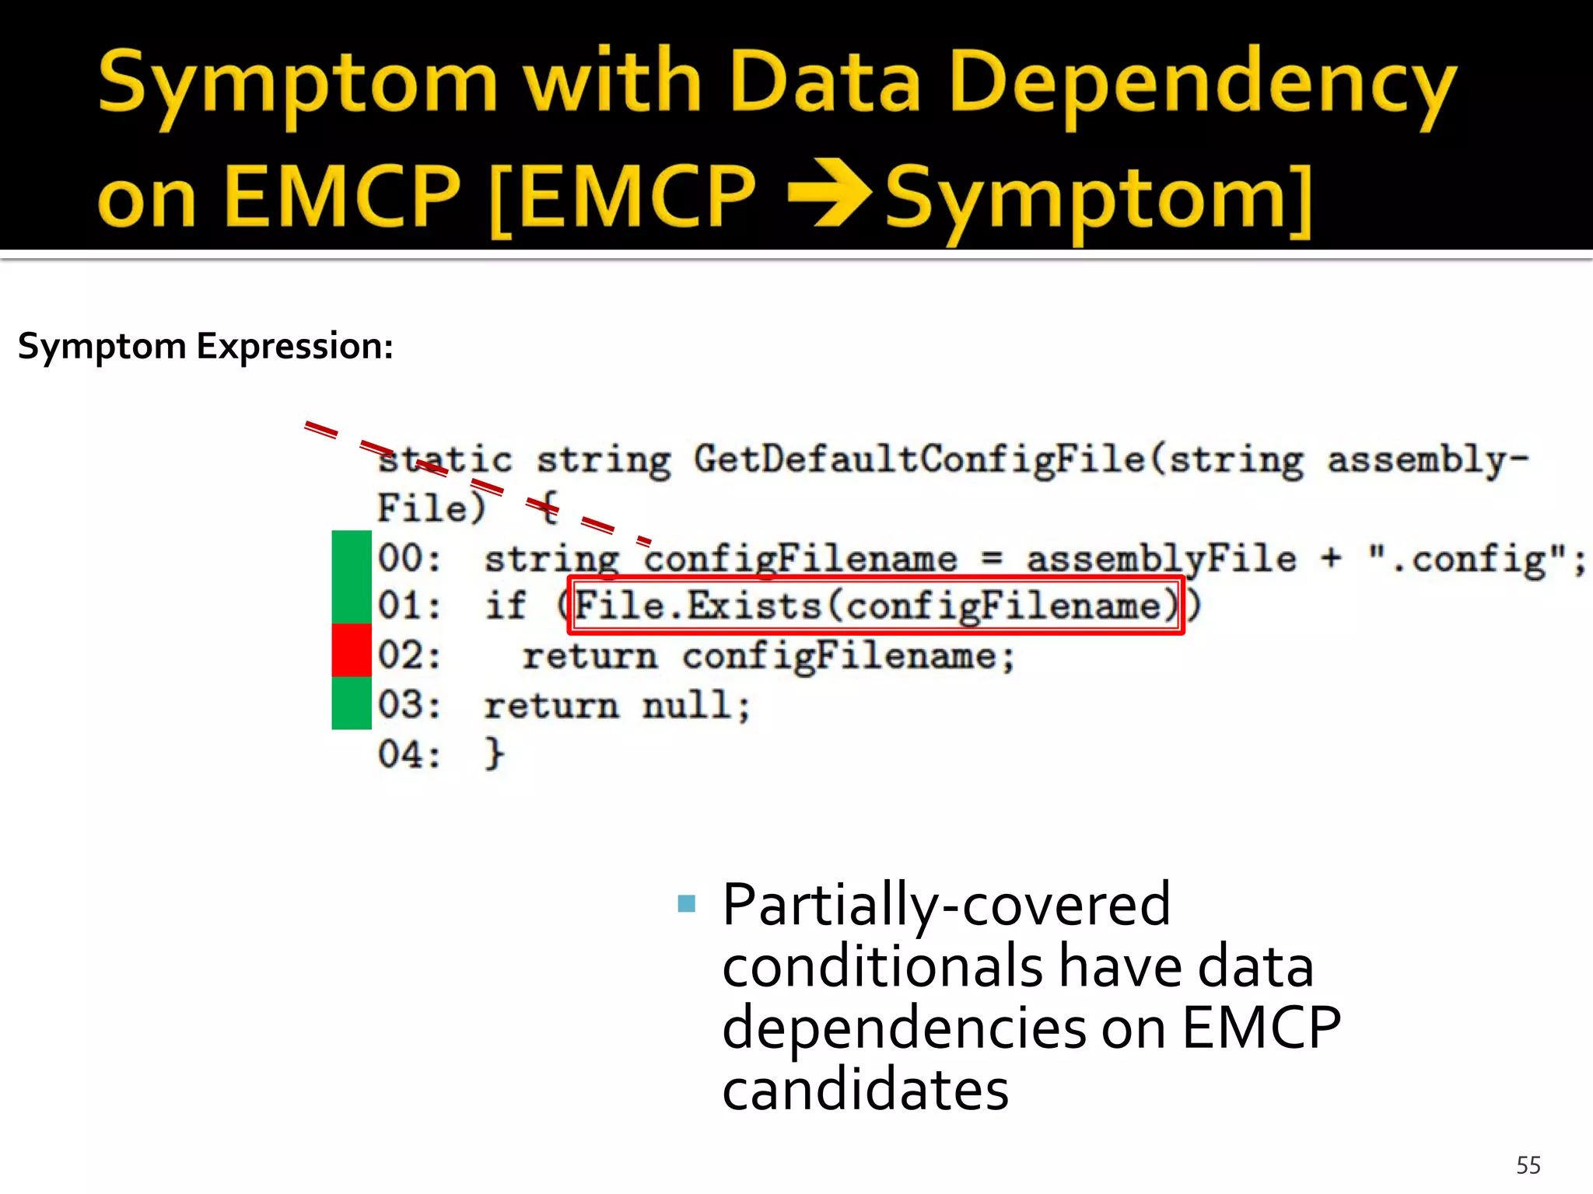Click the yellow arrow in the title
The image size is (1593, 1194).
pyautogui.click(x=831, y=192)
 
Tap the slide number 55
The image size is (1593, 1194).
pyautogui.click(x=1528, y=1165)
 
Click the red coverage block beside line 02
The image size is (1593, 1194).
pyautogui.click(x=352, y=650)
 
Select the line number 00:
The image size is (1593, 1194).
pyautogui.click(x=409, y=558)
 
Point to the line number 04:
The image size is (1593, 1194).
pyautogui.click(x=409, y=754)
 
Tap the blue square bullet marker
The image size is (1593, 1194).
pyautogui.click(x=686, y=903)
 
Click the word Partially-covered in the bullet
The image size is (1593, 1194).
pyautogui.click(x=946, y=905)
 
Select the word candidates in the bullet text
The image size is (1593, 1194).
pyautogui.click(x=865, y=1090)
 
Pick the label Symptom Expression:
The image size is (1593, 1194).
pyautogui.click(x=205, y=346)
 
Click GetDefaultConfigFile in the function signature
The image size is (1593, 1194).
pyautogui.click(x=920, y=459)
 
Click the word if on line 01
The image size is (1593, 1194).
pyautogui.click(x=506, y=606)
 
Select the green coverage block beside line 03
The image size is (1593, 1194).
pyautogui.click(x=352, y=703)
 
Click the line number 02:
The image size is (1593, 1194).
pyautogui.click(x=409, y=655)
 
